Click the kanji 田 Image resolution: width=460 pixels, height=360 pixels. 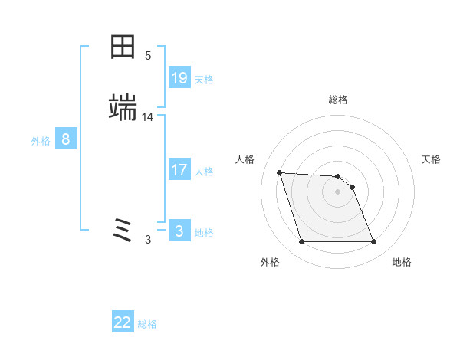[x=123, y=47]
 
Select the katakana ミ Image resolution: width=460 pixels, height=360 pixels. [x=123, y=229]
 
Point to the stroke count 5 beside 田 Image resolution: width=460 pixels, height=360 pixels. [x=148, y=56]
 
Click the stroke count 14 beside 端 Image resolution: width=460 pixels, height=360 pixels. [x=148, y=117]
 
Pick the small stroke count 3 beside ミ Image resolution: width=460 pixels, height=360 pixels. [x=148, y=240]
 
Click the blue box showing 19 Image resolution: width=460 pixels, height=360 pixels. [x=179, y=78]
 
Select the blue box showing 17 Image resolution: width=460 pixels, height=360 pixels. [x=179, y=170]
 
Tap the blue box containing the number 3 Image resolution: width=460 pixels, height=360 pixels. [x=179, y=231]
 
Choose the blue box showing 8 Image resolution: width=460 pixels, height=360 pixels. [x=66, y=139]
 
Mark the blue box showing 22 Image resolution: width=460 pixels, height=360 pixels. [x=123, y=322]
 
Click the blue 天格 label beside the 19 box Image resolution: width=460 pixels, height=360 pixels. [x=204, y=80]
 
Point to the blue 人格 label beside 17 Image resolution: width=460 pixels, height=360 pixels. [x=204, y=172]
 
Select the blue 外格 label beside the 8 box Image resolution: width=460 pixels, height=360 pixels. [x=41, y=141]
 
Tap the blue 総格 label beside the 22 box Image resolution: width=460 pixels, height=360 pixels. [x=147, y=324]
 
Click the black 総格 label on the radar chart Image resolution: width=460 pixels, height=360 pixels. [x=338, y=100]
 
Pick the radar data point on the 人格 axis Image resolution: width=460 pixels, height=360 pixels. [x=280, y=172]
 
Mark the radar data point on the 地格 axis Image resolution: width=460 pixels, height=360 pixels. [x=373, y=242]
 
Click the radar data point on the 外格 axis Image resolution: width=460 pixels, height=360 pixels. [x=301, y=242]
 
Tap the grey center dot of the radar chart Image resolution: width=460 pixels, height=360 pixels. [x=338, y=191]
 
